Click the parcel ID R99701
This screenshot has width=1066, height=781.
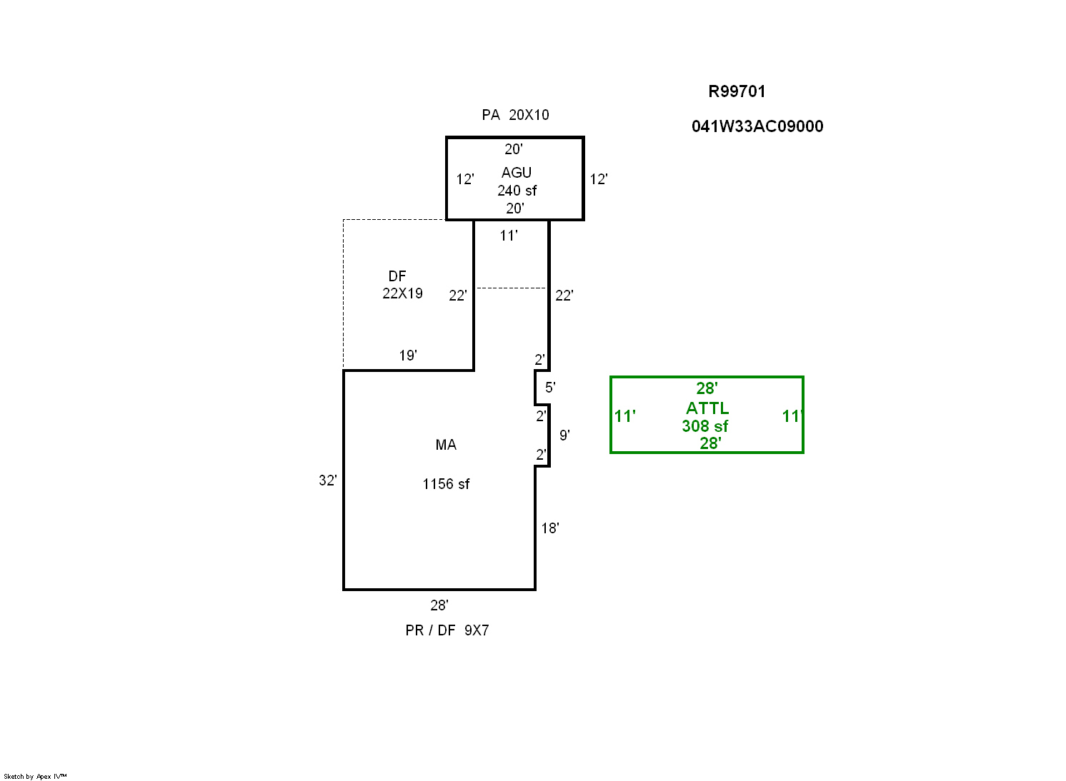pos(737,91)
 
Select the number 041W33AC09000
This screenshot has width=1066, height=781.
pos(757,126)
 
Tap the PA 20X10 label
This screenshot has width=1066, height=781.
pos(515,115)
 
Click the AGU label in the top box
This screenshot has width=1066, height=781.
pos(516,173)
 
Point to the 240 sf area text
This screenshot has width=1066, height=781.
pos(517,191)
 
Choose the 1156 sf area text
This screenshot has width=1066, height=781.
pos(446,484)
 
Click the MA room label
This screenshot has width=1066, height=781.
pos(446,445)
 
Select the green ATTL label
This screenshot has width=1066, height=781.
pos(707,408)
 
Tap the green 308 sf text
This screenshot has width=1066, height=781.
pos(704,426)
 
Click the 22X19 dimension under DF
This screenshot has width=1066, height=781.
pos(402,293)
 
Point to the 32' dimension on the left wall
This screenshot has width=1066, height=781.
pos(327,480)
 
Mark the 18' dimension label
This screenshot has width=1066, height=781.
pos(549,528)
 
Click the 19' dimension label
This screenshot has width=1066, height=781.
pos(407,356)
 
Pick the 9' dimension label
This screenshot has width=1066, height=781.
pos(564,435)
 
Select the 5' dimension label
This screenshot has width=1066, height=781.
pos(550,388)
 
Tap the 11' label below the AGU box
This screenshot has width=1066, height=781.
pos(509,236)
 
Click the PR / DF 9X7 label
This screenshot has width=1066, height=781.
pos(447,630)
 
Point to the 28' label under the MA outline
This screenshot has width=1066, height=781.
pos(439,605)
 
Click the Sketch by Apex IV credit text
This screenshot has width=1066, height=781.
pos(35,776)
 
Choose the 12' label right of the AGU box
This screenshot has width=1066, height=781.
pos(598,179)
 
